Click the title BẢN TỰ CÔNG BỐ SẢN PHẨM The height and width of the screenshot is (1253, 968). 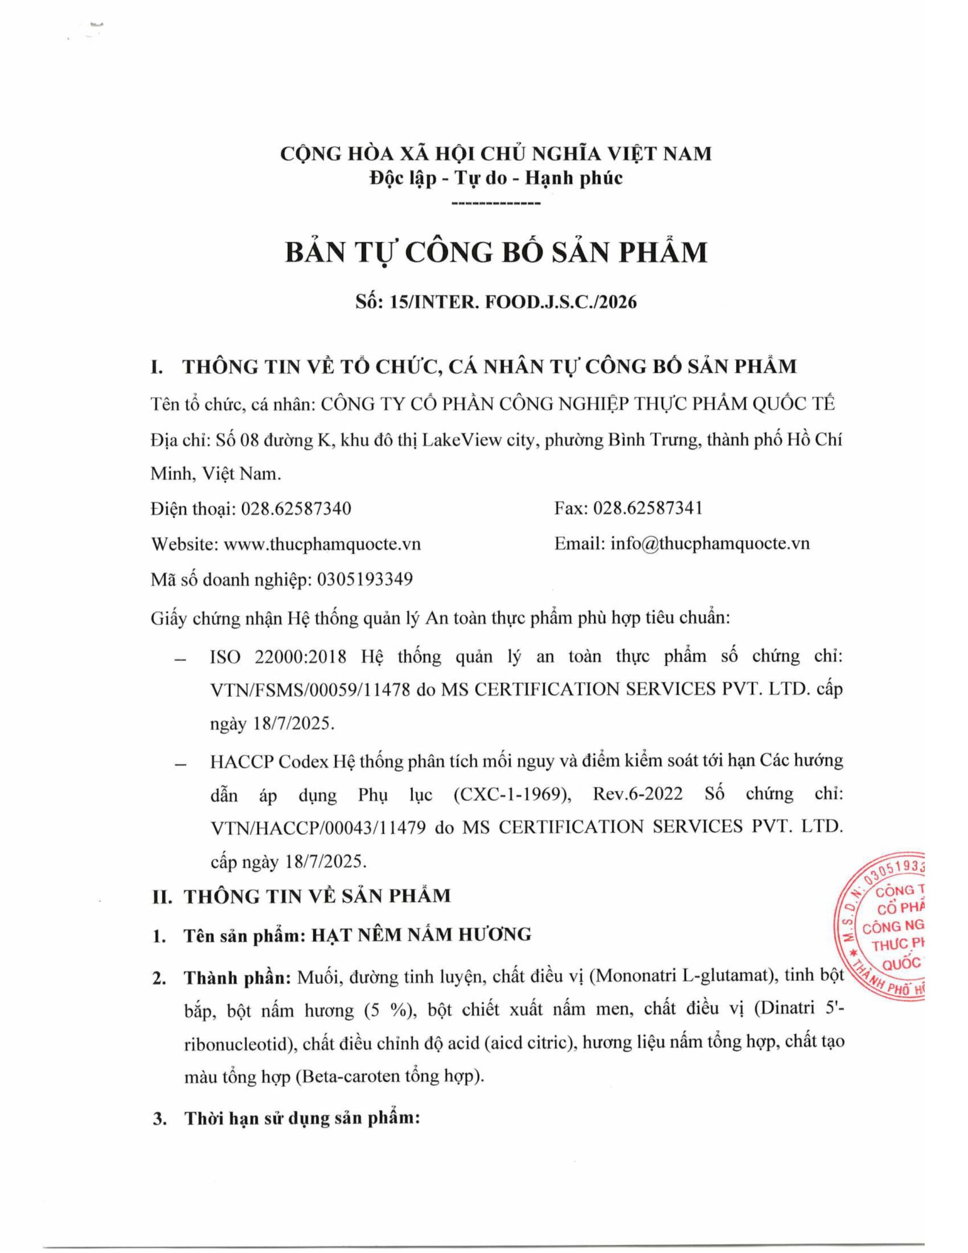(x=496, y=253)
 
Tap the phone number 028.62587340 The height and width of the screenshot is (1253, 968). (x=296, y=509)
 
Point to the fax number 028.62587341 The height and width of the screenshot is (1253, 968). (x=647, y=509)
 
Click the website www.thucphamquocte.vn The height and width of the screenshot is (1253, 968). (x=322, y=543)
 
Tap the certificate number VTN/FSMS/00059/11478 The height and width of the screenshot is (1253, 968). (x=310, y=689)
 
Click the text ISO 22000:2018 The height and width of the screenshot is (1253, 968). (x=278, y=656)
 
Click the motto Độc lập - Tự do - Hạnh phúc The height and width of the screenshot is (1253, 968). (x=496, y=179)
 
